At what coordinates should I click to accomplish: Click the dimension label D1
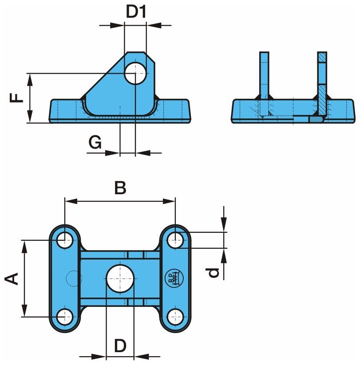pos(136,12)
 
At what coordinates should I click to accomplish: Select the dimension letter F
pos(16,98)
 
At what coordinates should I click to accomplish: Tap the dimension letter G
pos(95,143)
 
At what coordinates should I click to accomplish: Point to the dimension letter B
pos(120,188)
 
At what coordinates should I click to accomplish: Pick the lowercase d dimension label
pos(214,272)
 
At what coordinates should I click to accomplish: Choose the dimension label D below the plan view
pos(120,345)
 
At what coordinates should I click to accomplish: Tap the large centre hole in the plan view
pos(120,278)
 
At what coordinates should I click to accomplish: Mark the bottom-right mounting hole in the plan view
pos(176,316)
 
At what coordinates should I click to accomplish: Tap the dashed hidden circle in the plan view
pos(71,278)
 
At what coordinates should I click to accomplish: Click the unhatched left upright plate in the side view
pos(265,75)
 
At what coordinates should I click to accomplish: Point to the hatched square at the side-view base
pos(316,119)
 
